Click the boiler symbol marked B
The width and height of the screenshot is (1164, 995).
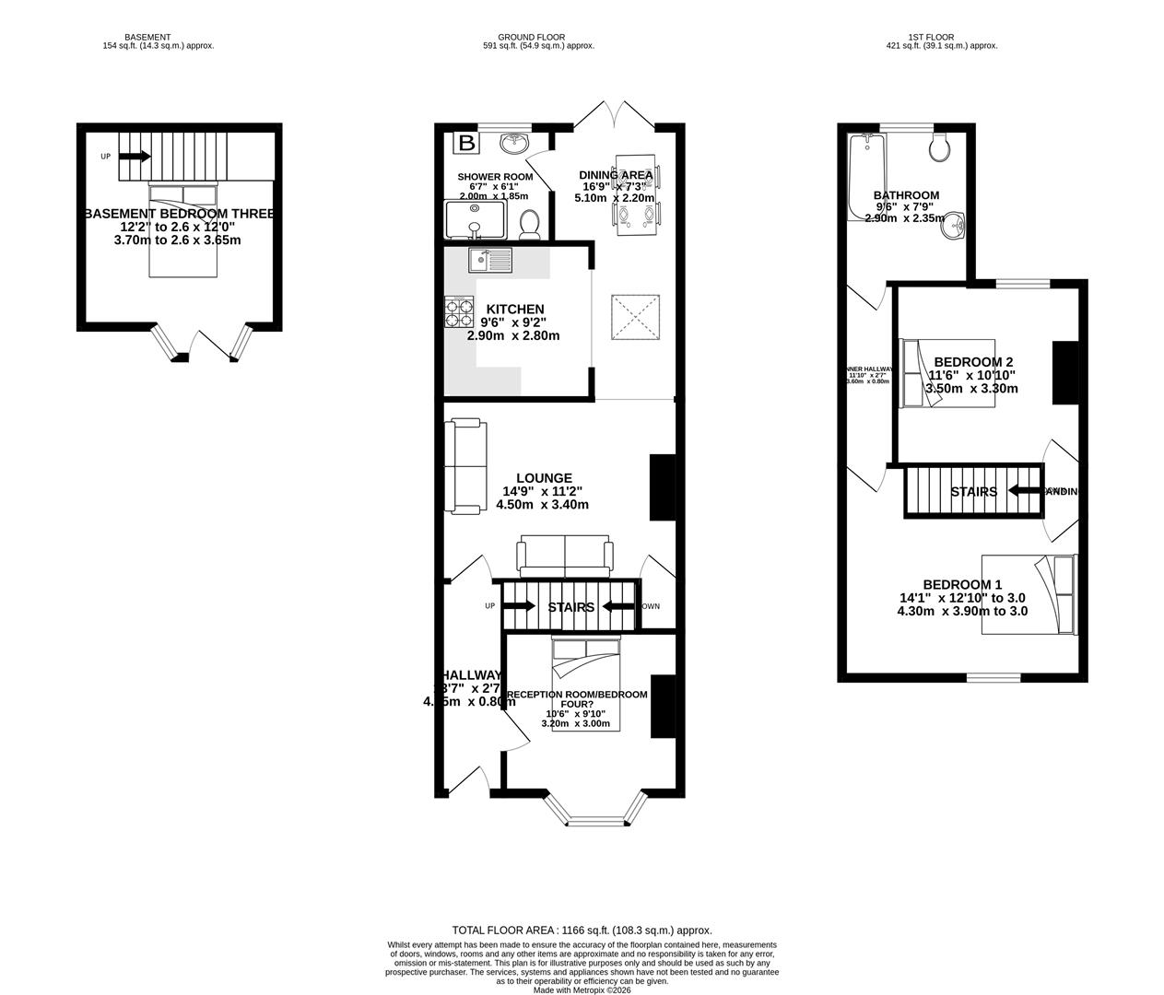[467, 143]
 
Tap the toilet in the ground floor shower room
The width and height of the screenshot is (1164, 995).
[530, 224]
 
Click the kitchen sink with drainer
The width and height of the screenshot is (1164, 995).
[489, 260]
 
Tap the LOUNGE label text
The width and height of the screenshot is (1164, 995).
[544, 478]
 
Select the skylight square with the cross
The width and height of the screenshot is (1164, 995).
[637, 318]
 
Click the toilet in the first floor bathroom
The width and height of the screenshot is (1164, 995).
[941, 147]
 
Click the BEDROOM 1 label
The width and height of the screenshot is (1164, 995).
[962, 584]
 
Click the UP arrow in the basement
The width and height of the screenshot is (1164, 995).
[134, 157]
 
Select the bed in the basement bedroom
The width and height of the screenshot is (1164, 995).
[182, 230]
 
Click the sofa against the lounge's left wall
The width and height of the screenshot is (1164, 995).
[465, 465]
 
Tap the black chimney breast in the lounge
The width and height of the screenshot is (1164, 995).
[662, 487]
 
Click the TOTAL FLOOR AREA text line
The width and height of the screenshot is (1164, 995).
[582, 931]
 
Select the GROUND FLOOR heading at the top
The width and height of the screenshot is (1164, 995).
[538, 38]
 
